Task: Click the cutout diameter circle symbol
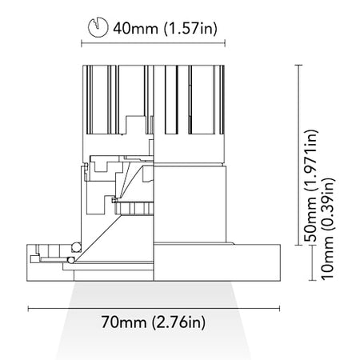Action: click(98, 27)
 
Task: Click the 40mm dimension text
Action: click(135, 28)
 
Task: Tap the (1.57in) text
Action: click(190, 28)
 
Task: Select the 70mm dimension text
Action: click(124, 322)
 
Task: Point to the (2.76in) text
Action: click(178, 322)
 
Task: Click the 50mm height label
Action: click(310, 219)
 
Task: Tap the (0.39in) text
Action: click(327, 205)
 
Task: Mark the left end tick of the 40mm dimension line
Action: click(82, 43)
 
